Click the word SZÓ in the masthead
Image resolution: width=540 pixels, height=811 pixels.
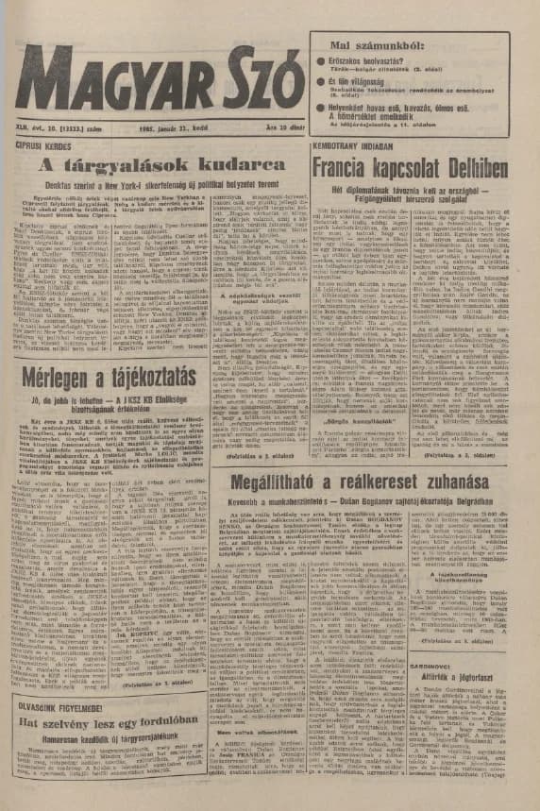coord(254,80)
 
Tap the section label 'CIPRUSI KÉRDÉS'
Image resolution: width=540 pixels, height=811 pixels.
coord(44,148)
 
